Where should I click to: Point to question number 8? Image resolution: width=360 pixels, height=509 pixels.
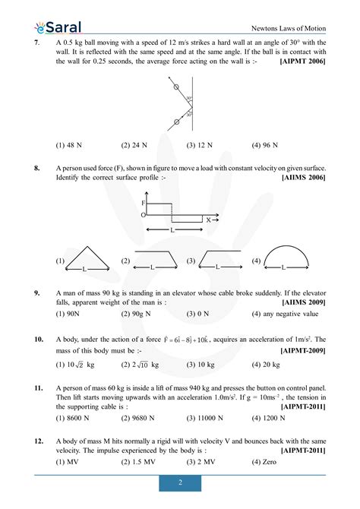(37, 167)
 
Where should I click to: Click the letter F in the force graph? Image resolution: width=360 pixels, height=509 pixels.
(143, 204)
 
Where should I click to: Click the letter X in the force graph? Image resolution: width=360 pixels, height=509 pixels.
(208, 219)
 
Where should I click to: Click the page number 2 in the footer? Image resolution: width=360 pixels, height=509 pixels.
(180, 483)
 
